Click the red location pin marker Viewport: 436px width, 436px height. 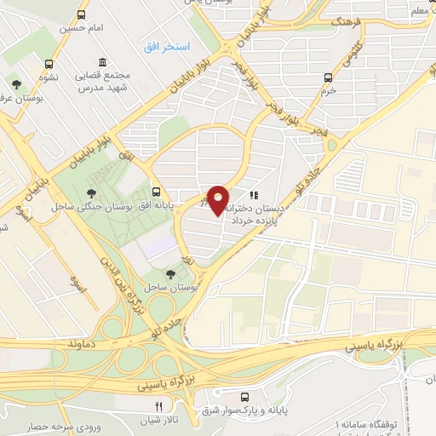point(219,198)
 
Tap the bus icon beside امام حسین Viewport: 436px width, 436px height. point(81,15)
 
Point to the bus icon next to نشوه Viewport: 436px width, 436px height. point(49,64)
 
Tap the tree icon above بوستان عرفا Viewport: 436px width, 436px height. point(17,83)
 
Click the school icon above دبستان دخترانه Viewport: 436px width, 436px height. point(253,195)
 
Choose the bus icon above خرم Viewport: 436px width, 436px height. point(329,77)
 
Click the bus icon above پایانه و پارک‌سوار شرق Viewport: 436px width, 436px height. point(245,396)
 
